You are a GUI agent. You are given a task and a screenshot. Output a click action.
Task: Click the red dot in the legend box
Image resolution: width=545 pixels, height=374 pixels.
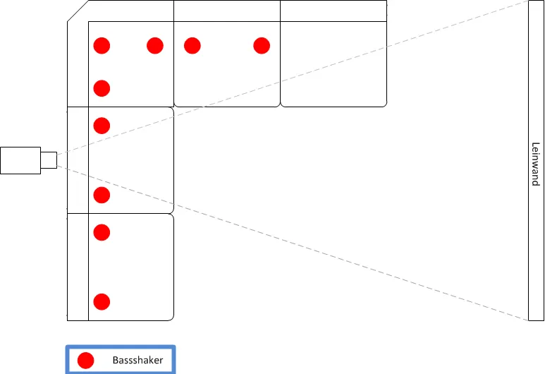tap(85, 360)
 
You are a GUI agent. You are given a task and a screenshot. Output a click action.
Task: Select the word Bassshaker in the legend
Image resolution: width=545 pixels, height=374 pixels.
tap(137, 360)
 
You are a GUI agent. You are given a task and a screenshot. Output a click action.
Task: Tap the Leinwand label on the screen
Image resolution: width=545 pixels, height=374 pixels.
tap(536, 164)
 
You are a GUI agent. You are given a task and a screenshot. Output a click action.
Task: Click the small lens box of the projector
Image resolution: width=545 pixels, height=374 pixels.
tap(49, 160)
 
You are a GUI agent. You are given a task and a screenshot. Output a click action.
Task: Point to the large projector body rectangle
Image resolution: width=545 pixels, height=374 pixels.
tap(20, 160)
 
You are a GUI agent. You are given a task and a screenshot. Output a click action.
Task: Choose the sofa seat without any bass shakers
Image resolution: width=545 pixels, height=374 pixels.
tap(333, 64)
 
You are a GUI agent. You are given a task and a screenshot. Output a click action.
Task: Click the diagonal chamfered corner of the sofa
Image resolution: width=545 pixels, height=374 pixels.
tap(78, 11)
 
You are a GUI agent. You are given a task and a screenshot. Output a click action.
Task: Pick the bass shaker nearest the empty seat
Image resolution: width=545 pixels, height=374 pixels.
tap(262, 46)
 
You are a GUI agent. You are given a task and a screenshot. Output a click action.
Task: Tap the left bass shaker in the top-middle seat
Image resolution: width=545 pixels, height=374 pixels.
tap(192, 46)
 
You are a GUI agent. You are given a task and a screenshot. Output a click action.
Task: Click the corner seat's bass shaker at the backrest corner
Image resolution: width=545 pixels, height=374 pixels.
tap(102, 46)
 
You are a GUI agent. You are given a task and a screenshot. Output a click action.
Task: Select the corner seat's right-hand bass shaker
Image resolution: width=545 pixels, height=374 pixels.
tap(155, 46)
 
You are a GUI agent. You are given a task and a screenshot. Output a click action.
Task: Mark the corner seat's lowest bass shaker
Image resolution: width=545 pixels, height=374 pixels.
tap(102, 88)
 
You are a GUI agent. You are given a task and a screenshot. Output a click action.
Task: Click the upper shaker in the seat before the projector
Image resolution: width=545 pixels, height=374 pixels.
tap(102, 126)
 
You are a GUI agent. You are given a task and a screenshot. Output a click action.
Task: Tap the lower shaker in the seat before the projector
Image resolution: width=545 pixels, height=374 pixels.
tap(102, 195)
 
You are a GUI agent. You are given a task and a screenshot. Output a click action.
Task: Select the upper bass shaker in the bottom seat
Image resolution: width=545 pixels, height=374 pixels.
tap(102, 232)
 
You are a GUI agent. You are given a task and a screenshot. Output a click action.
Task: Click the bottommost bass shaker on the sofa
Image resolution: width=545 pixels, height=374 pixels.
tap(102, 302)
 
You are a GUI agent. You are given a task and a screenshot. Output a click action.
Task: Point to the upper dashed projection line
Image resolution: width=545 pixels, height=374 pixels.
tap(293, 78)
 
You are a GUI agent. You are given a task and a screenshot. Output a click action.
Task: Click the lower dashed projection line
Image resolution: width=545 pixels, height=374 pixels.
tap(293, 243)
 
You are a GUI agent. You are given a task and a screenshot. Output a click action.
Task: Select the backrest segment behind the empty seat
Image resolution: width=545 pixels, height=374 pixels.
tap(333, 11)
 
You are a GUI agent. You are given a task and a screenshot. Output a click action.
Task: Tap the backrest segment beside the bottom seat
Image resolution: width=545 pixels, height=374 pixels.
tap(78, 267)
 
